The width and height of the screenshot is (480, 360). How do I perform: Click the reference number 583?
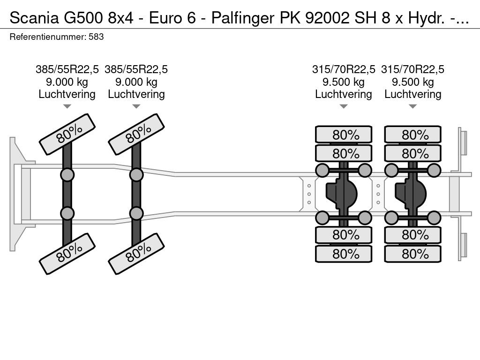click(96, 37)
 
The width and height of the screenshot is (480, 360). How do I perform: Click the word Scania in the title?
click(34, 18)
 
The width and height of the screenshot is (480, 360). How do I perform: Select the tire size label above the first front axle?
click(67, 69)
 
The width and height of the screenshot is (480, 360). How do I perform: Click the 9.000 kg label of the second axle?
click(136, 82)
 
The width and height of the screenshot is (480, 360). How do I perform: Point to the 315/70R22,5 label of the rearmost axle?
click(412, 69)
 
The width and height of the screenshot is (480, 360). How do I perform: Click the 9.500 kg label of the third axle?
click(344, 82)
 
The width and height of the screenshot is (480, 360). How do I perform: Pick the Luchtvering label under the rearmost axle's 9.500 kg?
click(412, 94)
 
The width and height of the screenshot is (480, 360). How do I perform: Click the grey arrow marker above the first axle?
click(67, 106)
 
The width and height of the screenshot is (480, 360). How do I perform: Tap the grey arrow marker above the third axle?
click(344, 106)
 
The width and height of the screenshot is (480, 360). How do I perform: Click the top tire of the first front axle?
click(67, 135)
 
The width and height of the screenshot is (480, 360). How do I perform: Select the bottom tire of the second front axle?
click(136, 254)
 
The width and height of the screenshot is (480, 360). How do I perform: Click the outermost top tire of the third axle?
click(344, 135)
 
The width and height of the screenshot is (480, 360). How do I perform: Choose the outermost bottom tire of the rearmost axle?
click(412, 254)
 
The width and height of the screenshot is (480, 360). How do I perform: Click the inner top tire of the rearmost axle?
click(412, 153)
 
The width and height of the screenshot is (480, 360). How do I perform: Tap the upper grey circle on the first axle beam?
click(67, 175)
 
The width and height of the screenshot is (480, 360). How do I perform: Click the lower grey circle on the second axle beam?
click(136, 213)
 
